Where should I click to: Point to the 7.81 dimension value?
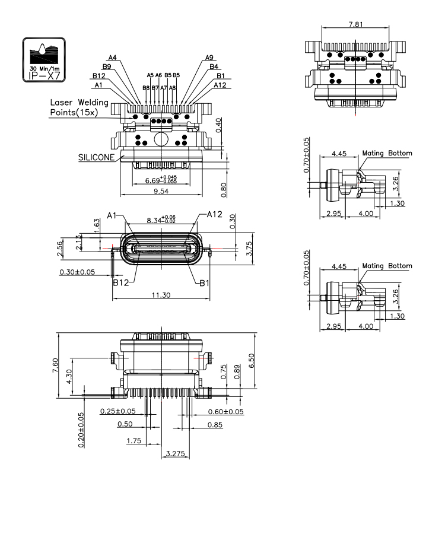354,25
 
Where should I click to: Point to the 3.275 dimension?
175,454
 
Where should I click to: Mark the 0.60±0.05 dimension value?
225,411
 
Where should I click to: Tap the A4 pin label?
112,58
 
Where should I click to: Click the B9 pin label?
106,66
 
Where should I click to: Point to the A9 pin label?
209,58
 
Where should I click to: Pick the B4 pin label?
214,66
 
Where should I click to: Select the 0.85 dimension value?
215,425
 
